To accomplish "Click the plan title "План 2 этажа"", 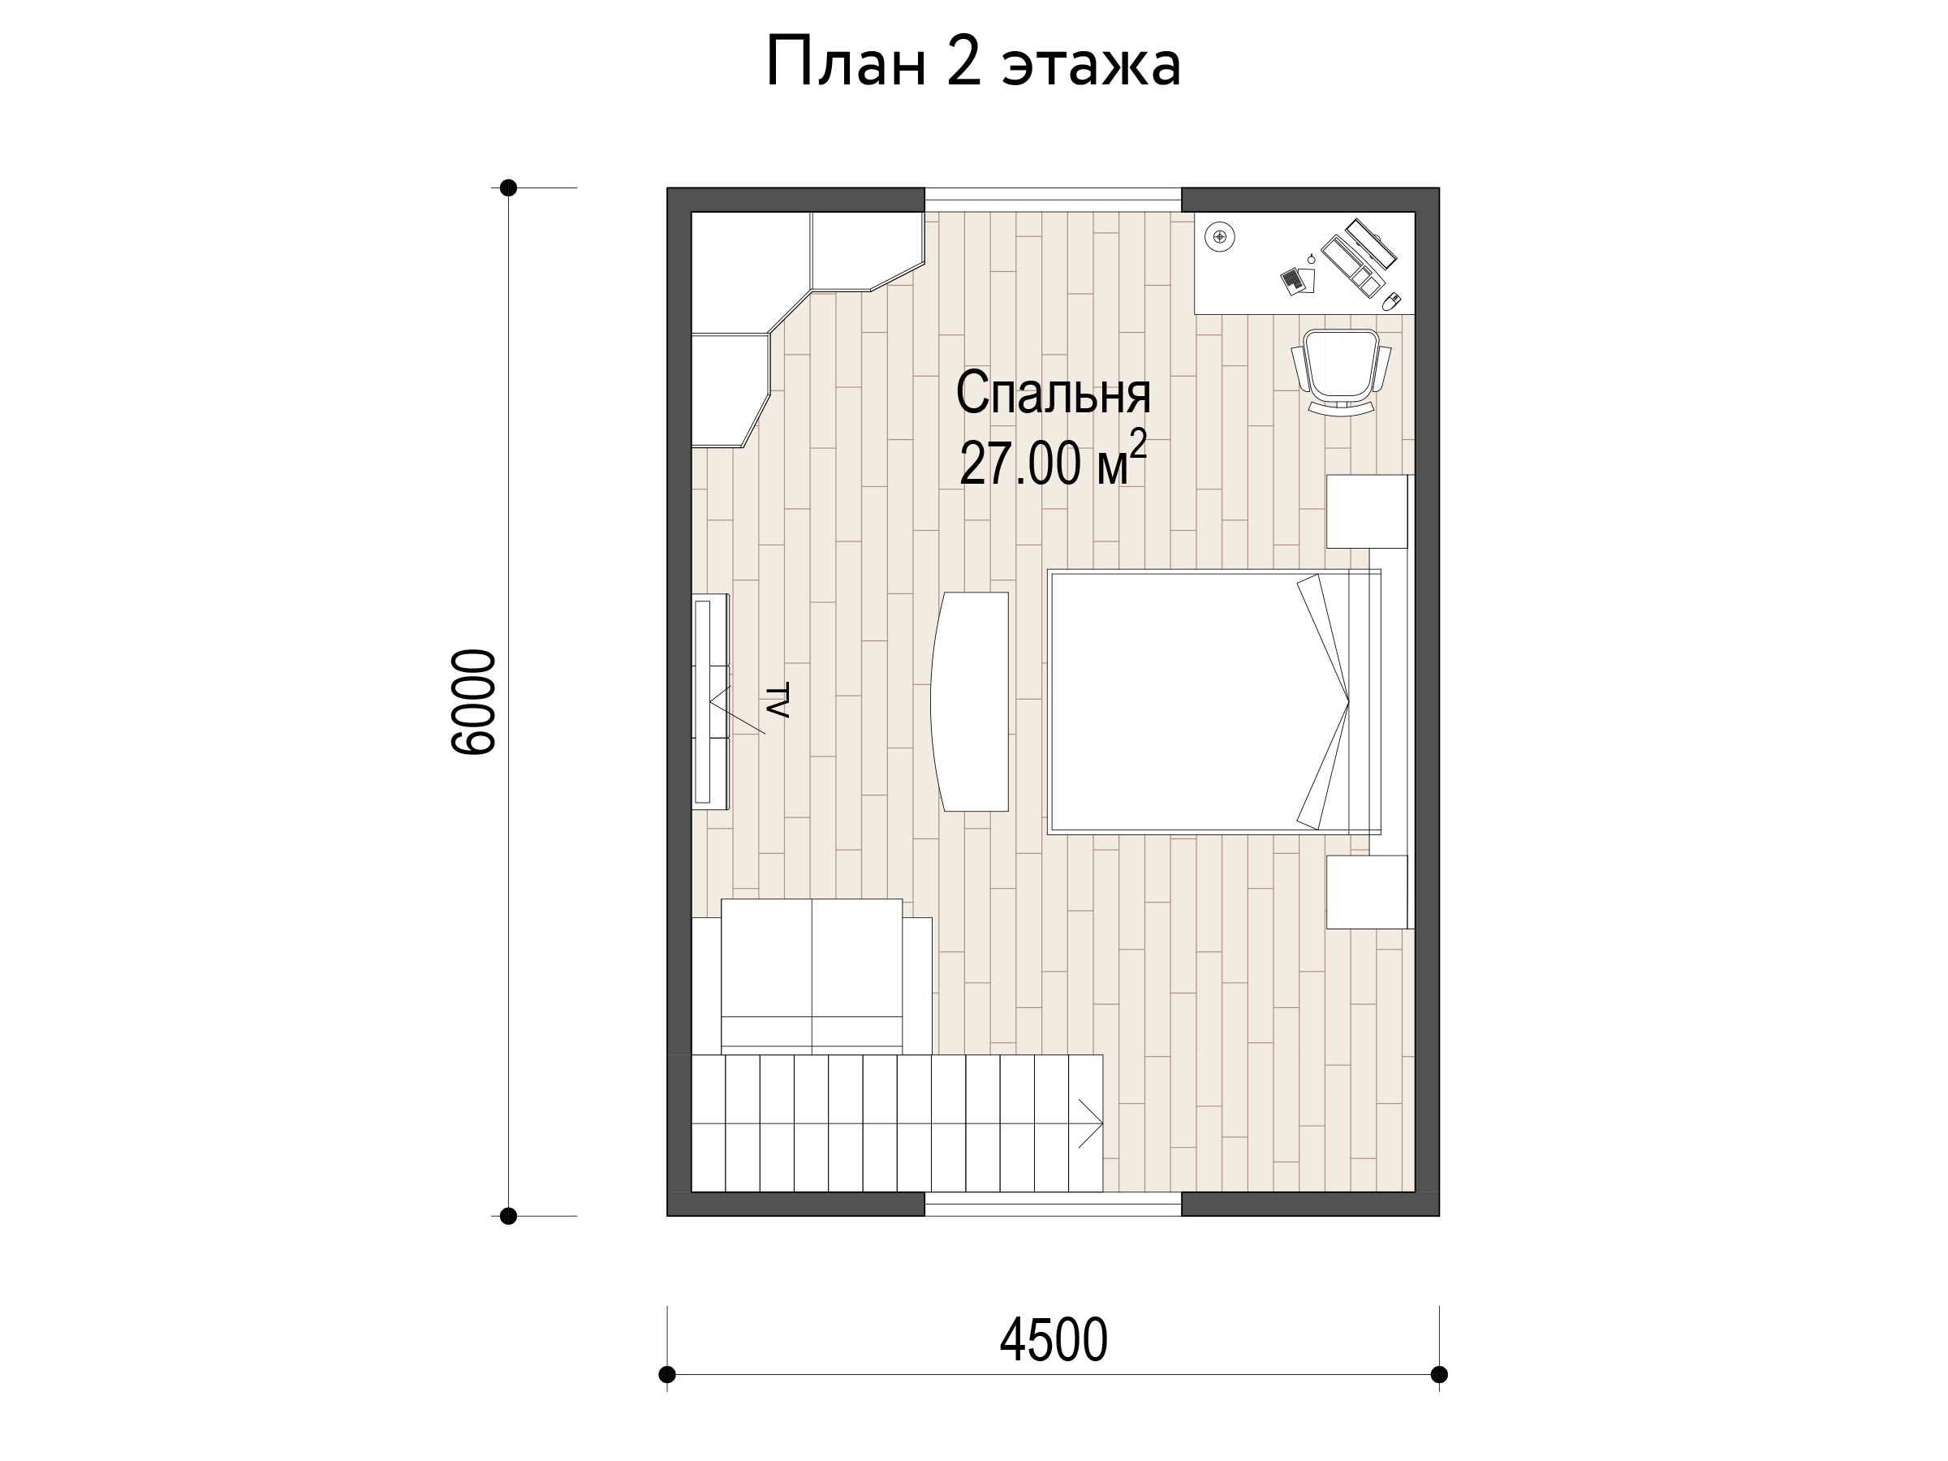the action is pos(973,62).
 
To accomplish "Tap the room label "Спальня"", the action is pos(1054,393).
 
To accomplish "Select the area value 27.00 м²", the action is pos(1054,459).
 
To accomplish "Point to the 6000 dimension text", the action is pos(474,702).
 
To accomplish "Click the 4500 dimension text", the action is pos(1054,1340).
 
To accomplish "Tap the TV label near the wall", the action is pos(777,700).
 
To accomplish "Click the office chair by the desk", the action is pos(1340,372).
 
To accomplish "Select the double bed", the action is pos(1214,702).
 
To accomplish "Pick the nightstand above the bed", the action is pos(1367,511).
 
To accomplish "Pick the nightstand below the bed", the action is pos(1367,891).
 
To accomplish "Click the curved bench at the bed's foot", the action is pos(970,701).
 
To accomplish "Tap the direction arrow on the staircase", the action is pos(1090,1123).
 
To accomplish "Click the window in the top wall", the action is pos(1054,199).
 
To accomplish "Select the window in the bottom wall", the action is pos(1054,1204).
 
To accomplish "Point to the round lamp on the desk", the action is pos(1220,237).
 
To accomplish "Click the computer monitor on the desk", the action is pos(1370,243).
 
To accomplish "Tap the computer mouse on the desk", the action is pos(1391,301).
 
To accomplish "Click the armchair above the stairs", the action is pos(812,976).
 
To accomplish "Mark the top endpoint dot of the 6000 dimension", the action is pos(508,187).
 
